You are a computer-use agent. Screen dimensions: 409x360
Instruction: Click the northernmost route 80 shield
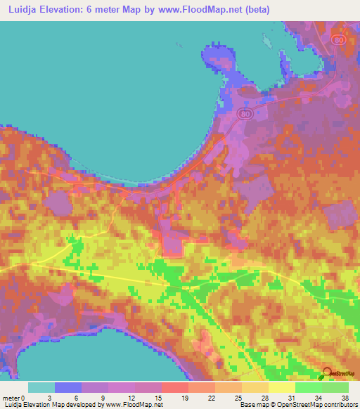click(x=339, y=40)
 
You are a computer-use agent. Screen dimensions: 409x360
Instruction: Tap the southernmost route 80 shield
click(x=243, y=115)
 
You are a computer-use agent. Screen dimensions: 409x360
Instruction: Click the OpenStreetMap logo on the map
click(x=327, y=374)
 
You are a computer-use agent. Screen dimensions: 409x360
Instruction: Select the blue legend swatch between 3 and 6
click(x=69, y=388)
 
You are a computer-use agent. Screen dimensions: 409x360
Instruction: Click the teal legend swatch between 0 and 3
click(x=42, y=388)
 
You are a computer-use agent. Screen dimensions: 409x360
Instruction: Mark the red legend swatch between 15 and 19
click(x=175, y=388)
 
